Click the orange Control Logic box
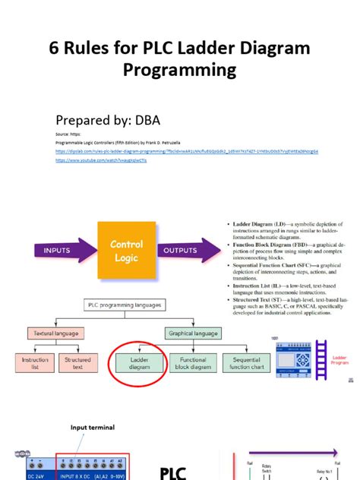pyautogui.click(x=126, y=251)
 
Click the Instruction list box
pyautogui.click(x=35, y=363)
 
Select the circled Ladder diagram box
pyautogui.click(x=139, y=363)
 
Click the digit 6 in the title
pyautogui.click(x=55, y=49)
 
